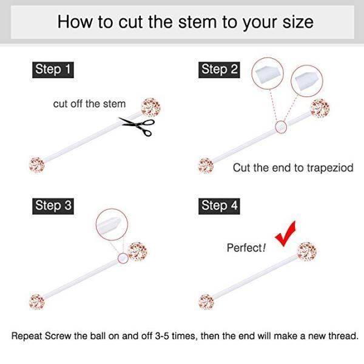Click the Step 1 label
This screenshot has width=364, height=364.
53,70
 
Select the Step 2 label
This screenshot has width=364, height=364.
219,70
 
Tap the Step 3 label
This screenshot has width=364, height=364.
53,206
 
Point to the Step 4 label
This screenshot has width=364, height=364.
219,206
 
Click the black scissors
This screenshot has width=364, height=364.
137,126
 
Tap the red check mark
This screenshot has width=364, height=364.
286,234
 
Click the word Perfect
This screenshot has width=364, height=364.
244,248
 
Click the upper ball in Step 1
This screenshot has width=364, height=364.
150,107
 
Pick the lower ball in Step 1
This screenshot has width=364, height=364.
36,165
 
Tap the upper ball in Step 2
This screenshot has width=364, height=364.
320,108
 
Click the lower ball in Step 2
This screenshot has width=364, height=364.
206,166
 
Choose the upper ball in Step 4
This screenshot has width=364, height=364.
307,252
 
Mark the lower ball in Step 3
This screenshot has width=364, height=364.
36,302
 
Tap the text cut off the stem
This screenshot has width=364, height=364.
89,104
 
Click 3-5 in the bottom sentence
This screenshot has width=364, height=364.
162,336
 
